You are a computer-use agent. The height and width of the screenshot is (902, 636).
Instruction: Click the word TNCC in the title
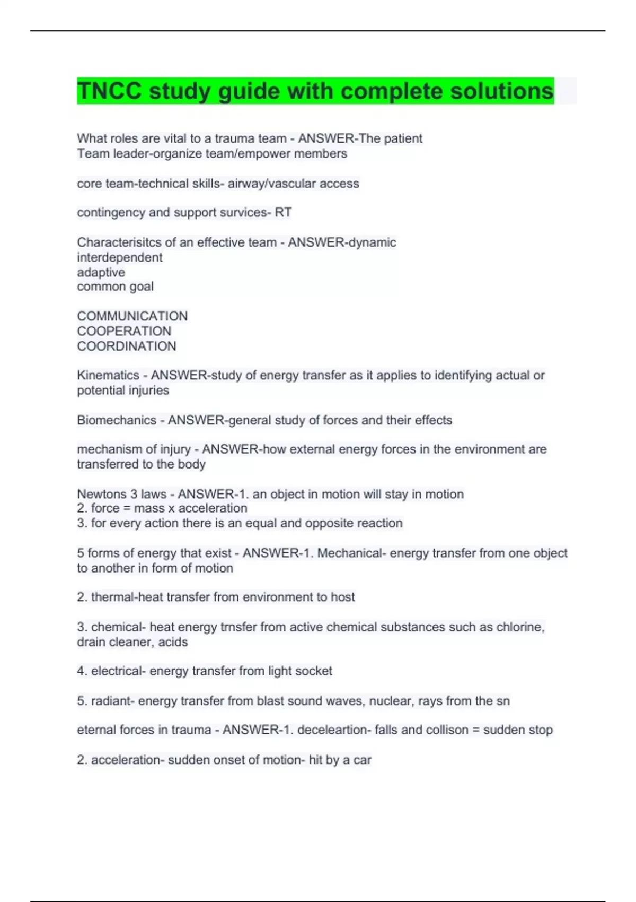pyautogui.click(x=110, y=91)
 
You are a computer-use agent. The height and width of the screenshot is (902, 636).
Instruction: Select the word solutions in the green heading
pyautogui.click(x=502, y=91)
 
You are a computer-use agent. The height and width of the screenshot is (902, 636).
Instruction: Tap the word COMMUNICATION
pyautogui.click(x=132, y=316)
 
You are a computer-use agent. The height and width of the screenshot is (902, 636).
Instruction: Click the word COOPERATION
pyautogui.click(x=124, y=331)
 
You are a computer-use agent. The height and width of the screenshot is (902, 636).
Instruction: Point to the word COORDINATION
pyautogui.click(x=127, y=346)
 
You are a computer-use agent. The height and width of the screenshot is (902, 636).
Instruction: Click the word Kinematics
pyautogui.click(x=108, y=375)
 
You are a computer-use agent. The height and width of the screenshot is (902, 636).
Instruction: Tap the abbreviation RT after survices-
pyautogui.click(x=283, y=212)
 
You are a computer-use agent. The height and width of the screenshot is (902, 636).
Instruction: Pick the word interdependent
pyautogui.click(x=120, y=257)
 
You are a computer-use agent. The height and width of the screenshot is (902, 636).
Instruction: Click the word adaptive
pyautogui.click(x=101, y=272)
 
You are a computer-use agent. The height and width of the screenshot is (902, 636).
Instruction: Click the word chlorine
pyautogui.click(x=520, y=627)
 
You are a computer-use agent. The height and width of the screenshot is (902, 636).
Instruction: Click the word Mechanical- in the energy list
pyautogui.click(x=351, y=553)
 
